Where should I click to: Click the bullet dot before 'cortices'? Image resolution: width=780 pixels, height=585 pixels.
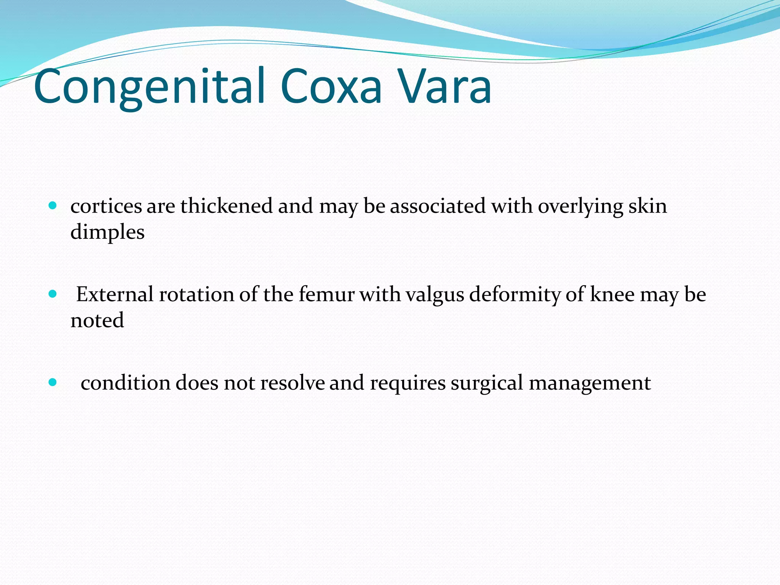pos(53,206)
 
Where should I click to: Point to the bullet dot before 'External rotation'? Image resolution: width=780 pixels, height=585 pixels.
pos(53,294)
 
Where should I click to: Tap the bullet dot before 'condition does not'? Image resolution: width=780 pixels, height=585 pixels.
pos(53,382)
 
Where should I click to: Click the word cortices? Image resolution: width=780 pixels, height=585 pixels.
pos(106,206)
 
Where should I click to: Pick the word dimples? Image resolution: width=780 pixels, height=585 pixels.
pos(107,232)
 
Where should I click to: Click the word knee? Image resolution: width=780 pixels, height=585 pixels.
pos(612,294)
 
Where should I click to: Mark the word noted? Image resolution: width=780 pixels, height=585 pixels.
pos(97,320)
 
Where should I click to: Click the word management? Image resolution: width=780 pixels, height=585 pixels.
pos(590,383)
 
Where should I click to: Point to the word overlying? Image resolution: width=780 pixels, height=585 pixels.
pos(580,207)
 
